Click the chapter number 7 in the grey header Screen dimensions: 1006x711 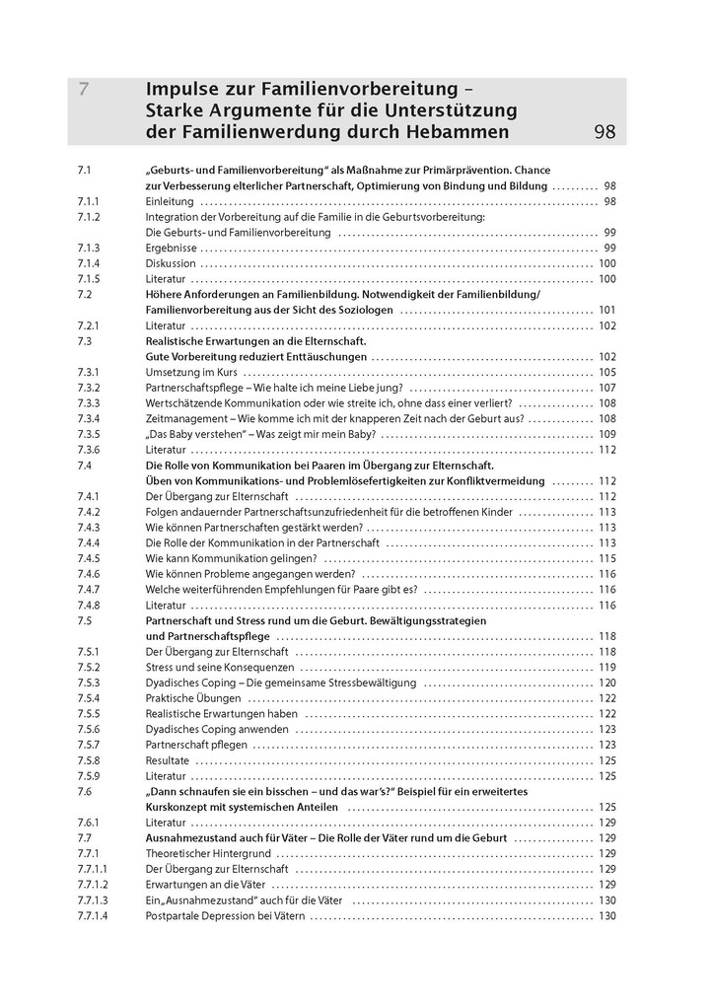85,89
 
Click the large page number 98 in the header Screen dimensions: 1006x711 606,132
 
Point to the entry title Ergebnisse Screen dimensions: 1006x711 171,248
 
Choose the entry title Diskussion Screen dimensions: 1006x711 171,263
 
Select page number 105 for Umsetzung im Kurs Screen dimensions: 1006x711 606,372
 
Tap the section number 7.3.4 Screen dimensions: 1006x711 89,418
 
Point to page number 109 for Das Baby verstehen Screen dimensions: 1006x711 606,434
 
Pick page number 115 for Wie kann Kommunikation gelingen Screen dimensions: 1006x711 606,558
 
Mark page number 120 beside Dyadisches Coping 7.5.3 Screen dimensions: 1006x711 606,683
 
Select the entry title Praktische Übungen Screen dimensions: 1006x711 192,698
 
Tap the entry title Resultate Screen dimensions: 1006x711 168,760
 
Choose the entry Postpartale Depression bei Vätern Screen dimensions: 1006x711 225,915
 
